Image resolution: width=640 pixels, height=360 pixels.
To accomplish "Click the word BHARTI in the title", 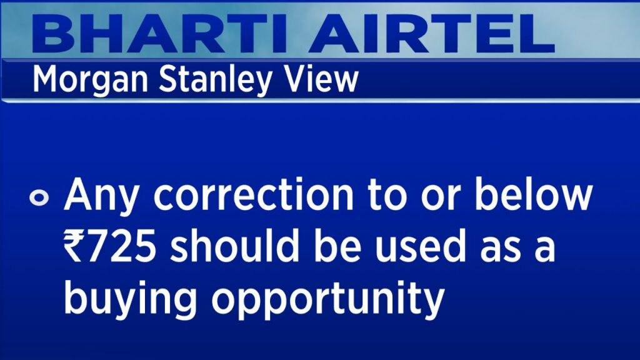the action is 160,34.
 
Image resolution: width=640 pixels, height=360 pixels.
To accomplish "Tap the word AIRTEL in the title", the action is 431,34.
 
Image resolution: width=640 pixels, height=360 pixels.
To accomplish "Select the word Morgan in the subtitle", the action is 90,79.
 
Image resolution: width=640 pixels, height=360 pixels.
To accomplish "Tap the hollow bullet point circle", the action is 39,197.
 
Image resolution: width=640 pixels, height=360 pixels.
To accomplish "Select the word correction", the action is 254,195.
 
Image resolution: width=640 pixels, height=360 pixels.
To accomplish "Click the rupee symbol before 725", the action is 74,246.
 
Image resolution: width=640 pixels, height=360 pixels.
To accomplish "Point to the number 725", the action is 121,246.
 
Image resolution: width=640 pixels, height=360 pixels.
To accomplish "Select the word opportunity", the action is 327,299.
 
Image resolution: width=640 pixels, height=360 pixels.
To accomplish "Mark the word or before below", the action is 441,198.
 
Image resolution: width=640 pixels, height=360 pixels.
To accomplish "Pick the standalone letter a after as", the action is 545,248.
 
